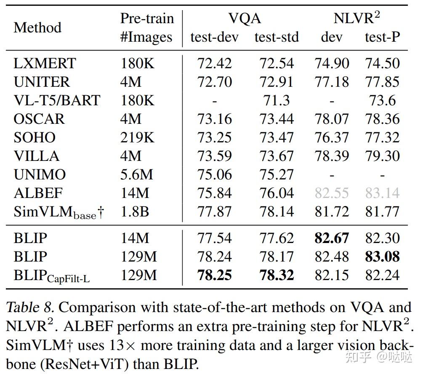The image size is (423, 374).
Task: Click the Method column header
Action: (37, 28)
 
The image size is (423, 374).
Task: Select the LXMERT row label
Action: (45, 64)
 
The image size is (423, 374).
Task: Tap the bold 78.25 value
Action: (215, 275)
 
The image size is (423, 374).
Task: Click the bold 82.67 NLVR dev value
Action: (332, 238)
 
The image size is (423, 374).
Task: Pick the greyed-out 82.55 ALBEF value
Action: (332, 193)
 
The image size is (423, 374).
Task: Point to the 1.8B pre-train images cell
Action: (135, 211)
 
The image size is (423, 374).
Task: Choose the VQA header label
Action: (245, 19)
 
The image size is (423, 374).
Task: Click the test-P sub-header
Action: (382, 37)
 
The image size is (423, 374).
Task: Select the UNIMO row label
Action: (40, 174)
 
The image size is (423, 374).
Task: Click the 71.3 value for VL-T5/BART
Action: (277, 100)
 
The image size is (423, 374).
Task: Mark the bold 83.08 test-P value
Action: (382, 256)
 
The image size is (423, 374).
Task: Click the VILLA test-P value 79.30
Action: (382, 156)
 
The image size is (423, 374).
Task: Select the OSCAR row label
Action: (39, 119)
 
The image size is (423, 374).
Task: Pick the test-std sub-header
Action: (277, 37)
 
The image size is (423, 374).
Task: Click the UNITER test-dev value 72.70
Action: (215, 82)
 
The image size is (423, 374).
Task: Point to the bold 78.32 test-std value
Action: (277, 275)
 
